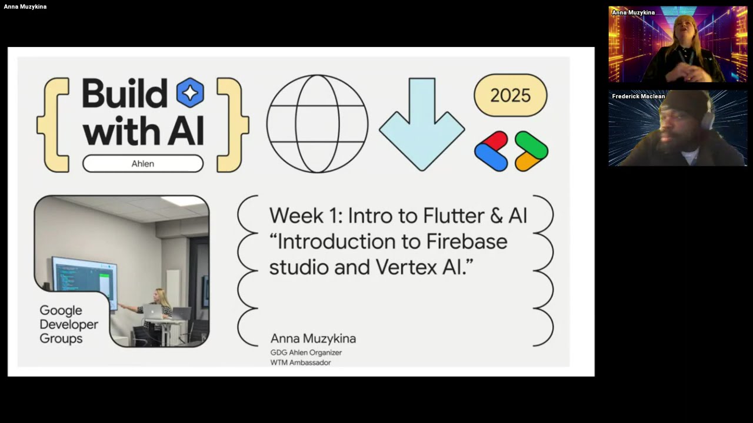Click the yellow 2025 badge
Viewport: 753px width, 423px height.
tap(510, 95)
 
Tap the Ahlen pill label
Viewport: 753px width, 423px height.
tap(143, 163)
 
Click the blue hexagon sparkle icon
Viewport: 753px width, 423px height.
tap(190, 93)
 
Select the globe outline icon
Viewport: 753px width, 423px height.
tap(317, 124)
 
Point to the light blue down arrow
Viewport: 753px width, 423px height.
tap(422, 124)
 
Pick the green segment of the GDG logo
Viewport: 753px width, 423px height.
tap(531, 144)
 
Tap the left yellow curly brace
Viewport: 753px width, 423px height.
tap(54, 125)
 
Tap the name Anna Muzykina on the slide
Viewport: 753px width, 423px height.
tap(313, 338)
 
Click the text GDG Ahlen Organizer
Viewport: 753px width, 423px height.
tap(306, 352)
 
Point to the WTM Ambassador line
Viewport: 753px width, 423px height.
tap(301, 362)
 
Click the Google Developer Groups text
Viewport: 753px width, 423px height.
tap(68, 324)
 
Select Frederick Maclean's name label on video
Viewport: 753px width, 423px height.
tap(638, 96)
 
